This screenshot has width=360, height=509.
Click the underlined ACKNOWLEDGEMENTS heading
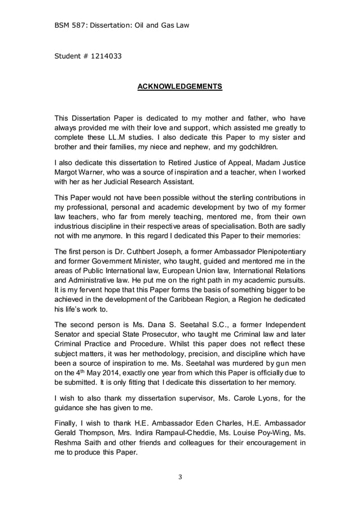pyautogui.click(x=180, y=86)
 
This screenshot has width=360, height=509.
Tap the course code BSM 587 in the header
pyautogui.click(x=72, y=25)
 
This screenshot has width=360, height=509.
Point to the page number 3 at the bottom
pyautogui.click(x=180, y=477)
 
